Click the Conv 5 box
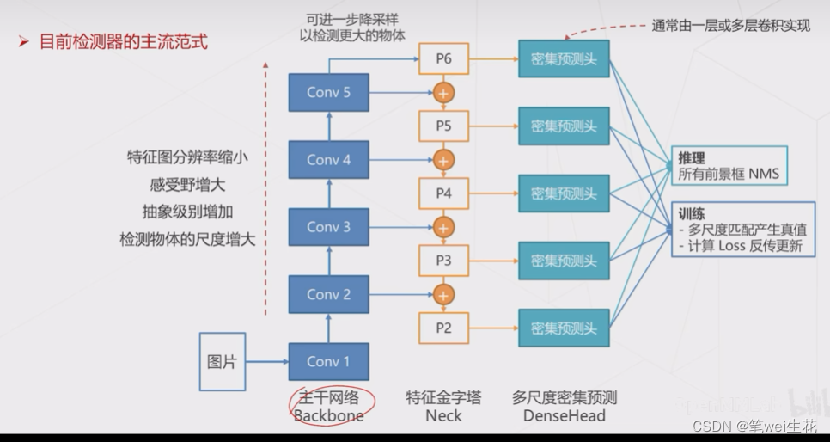328,92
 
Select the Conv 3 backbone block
328,227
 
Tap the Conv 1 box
328,361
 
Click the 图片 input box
222,361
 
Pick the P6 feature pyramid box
442,58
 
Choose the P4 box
442,193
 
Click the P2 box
442,328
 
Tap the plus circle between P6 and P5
443,92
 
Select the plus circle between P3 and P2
443,294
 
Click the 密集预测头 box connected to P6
564,58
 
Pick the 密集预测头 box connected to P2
564,328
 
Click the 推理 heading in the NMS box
692,158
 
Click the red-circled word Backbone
328,416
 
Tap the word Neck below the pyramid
443,416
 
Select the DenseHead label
565,416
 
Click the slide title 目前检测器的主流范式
124,41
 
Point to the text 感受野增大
187,184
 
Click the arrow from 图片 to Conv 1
266,362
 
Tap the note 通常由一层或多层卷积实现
730,25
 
